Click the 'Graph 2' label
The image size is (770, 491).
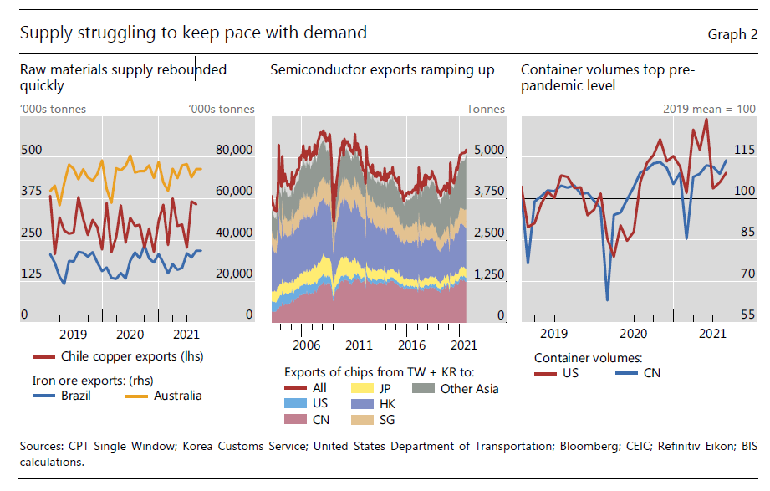point(732,34)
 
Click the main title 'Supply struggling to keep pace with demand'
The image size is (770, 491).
point(193,33)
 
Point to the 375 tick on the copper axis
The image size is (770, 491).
point(31,191)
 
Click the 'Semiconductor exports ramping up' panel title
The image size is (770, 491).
point(382,70)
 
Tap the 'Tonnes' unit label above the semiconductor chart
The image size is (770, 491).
point(486,109)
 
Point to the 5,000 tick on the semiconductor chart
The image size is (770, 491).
point(489,150)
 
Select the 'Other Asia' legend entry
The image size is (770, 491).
point(469,388)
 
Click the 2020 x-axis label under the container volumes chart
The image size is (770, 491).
point(633,333)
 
